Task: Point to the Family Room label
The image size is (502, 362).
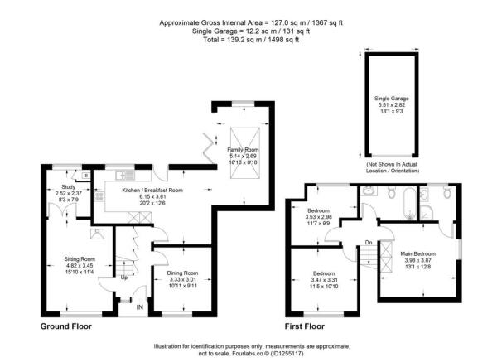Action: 244,148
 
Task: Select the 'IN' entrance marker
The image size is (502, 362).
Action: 139,309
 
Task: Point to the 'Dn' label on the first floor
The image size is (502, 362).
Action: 369,242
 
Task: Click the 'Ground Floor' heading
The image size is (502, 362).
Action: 67,326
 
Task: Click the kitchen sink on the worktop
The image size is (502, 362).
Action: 123,174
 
